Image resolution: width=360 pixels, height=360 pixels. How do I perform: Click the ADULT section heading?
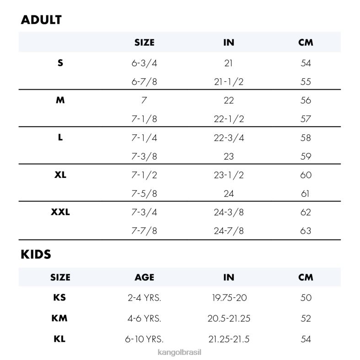(41, 20)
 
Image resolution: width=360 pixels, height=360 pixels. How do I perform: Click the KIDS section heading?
(36, 255)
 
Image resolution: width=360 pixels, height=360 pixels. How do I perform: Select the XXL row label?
(60, 212)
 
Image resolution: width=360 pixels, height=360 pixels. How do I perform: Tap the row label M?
(60, 100)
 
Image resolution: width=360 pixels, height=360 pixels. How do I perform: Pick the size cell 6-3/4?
(144, 63)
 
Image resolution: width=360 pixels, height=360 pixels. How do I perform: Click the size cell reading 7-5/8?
(144, 193)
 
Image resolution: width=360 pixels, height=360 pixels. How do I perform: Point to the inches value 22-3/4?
(229, 138)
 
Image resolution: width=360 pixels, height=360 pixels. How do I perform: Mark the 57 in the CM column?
(306, 119)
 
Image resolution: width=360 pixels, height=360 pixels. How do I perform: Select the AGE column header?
(144, 277)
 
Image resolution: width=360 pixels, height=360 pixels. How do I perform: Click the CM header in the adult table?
(306, 43)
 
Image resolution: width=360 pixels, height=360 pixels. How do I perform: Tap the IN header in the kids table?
(229, 277)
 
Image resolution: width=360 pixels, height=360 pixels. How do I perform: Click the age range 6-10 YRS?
(144, 339)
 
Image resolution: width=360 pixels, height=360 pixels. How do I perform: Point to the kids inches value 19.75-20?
(229, 298)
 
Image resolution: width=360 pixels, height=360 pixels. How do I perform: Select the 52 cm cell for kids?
(306, 318)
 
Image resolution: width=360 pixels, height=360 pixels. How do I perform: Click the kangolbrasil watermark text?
(180, 353)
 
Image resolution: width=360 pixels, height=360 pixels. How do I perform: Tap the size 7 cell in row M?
(144, 100)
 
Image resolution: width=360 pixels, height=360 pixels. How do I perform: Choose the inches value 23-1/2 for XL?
(229, 175)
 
